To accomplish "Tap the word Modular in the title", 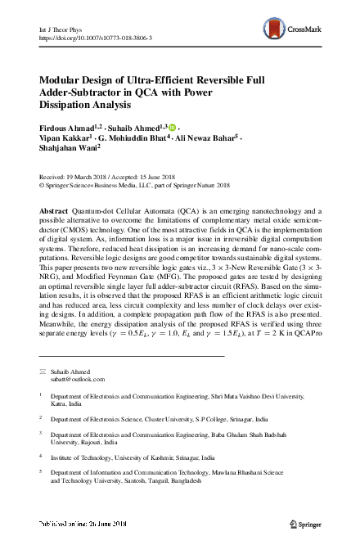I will (62, 80).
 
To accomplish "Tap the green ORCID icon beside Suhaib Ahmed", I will (174, 128).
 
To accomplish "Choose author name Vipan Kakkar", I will (65, 140).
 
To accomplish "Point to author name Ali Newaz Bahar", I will (207, 140).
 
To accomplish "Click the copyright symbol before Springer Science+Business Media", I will (43, 186).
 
